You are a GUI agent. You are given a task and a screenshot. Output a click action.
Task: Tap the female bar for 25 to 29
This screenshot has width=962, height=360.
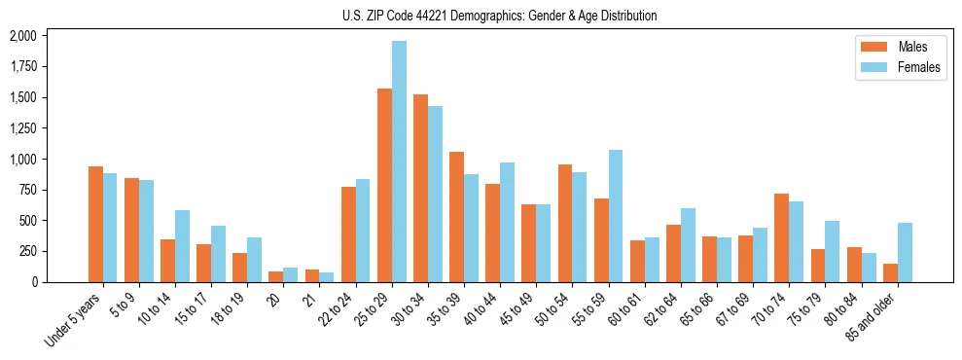point(399,162)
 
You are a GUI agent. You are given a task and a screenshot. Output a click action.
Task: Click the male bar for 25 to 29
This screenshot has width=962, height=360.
point(384,185)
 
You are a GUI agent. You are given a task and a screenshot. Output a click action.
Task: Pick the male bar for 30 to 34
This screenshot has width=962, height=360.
point(420,188)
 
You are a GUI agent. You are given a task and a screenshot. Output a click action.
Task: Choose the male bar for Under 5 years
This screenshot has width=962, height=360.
point(95,224)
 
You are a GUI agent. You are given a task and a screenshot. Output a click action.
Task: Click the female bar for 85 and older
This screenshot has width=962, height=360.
point(905,252)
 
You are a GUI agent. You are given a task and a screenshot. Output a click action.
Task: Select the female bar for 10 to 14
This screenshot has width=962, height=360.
point(182,246)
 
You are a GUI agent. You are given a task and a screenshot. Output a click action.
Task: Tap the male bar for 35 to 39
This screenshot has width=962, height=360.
point(456,216)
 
